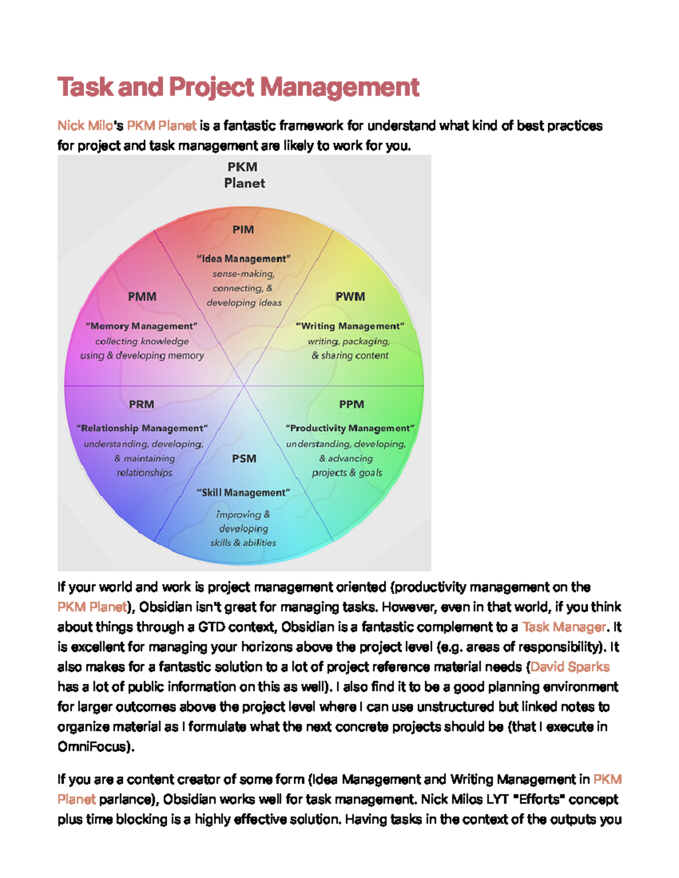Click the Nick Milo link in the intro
[85, 126]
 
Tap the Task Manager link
[564, 627]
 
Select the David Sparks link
[570, 667]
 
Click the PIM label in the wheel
[243, 230]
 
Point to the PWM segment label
[350, 297]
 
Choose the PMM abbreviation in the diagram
[142, 297]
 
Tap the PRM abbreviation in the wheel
[141, 404]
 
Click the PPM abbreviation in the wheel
[351, 404]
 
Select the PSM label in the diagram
[244, 459]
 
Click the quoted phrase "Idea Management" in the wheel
[243, 259]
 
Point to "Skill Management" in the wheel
[243, 493]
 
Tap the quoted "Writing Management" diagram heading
[350, 326]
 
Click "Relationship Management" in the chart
[142, 429]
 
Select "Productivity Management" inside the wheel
[350, 429]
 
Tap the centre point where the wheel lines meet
[244, 386]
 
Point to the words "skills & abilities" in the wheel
[243, 543]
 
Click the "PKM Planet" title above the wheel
[244, 175]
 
